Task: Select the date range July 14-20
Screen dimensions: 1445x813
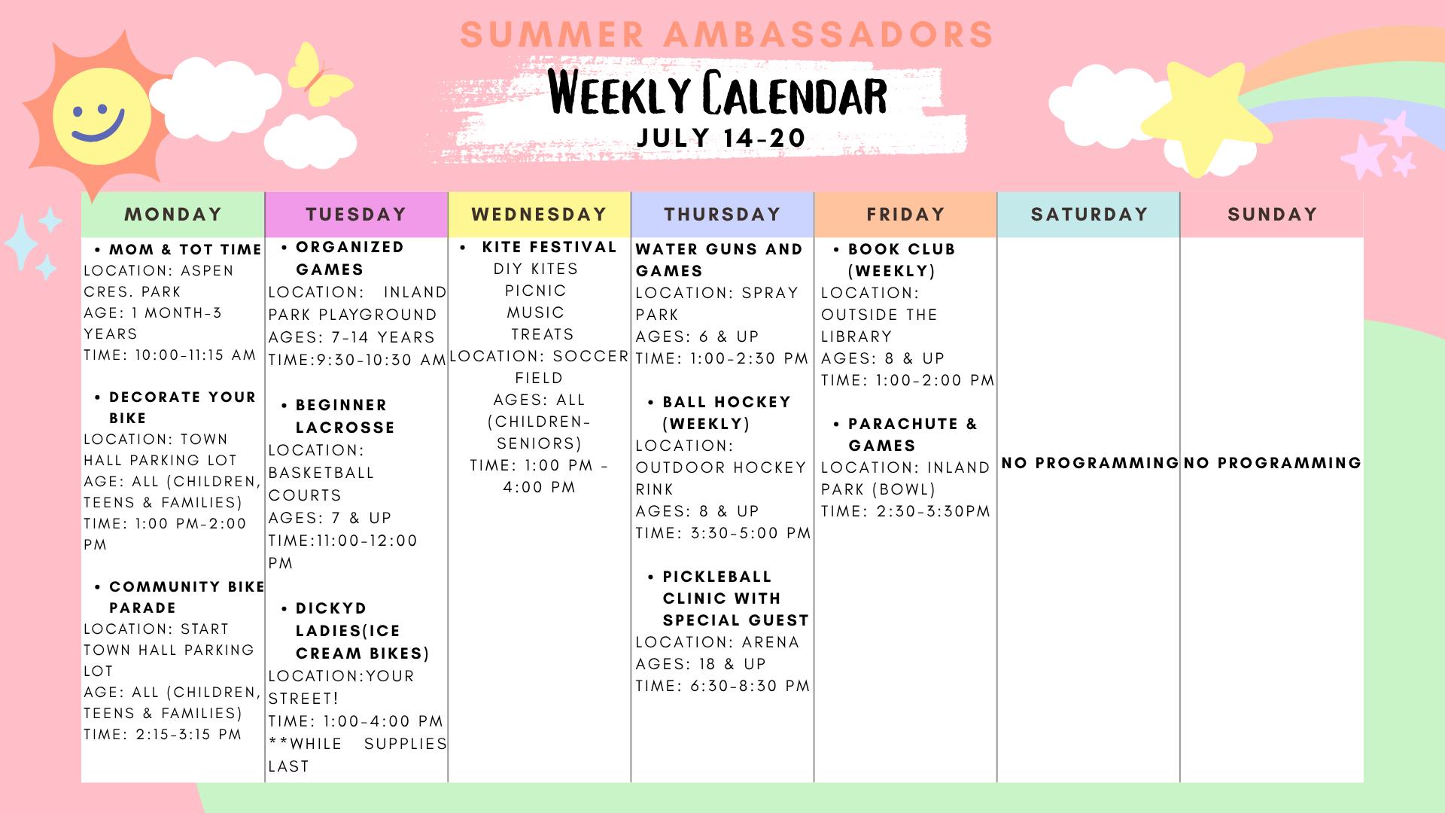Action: point(721,138)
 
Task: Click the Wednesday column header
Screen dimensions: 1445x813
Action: point(540,215)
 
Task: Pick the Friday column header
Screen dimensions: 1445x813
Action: point(905,215)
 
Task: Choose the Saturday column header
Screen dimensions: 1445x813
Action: point(1089,215)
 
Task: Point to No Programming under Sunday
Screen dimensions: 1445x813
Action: point(1273,463)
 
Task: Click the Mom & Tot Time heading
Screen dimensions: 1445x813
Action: point(186,249)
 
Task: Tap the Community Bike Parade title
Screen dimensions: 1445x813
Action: point(187,597)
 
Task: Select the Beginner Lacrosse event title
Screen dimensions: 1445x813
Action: point(345,416)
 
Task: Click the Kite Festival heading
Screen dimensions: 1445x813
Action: point(549,247)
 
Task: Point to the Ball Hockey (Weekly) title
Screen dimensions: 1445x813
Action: point(727,413)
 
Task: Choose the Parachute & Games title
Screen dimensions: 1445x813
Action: point(913,434)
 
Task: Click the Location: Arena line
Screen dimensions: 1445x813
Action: point(717,642)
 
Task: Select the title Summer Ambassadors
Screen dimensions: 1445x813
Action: point(728,35)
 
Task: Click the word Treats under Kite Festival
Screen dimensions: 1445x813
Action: point(543,334)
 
